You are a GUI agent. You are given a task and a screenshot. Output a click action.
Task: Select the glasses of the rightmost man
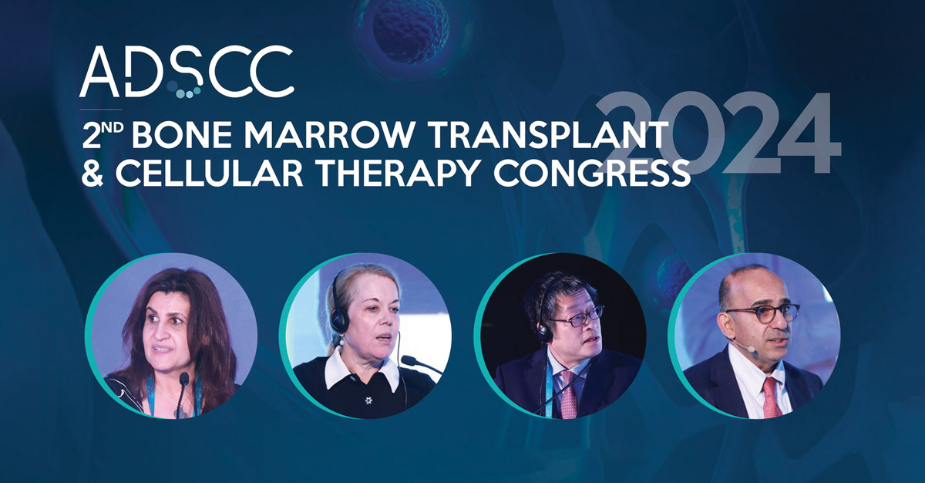[763, 312]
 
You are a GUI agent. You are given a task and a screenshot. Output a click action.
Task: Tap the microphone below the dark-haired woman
[184, 381]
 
